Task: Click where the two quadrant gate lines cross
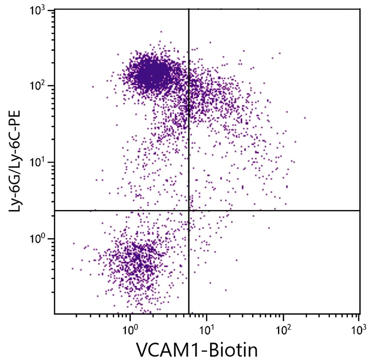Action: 188,210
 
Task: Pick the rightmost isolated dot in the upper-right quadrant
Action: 305,118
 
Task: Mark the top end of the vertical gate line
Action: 188,9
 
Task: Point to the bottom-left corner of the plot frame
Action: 55,314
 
